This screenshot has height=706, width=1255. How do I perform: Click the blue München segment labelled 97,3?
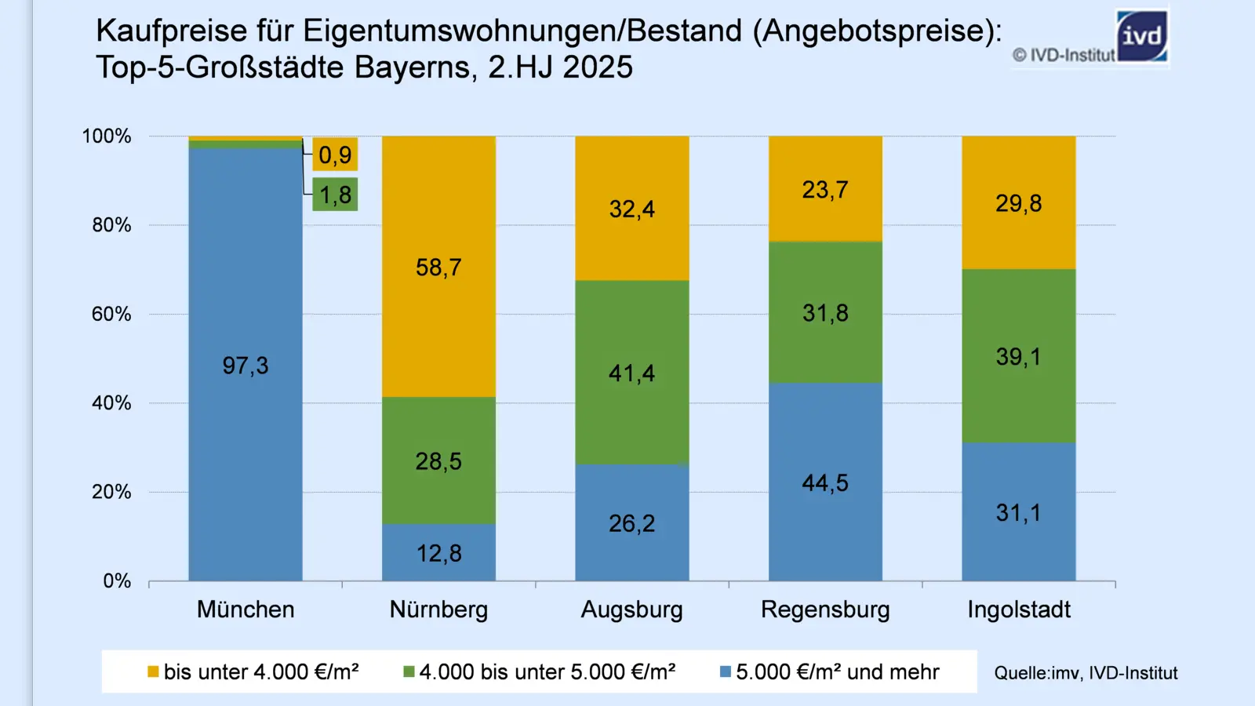tap(246, 366)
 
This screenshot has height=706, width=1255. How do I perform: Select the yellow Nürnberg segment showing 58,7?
tap(438, 267)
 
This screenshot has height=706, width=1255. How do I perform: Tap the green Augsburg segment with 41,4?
tap(631, 373)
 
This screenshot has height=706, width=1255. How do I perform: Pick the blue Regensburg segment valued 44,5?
tap(825, 482)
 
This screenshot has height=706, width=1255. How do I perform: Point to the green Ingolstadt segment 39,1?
tap(1018, 357)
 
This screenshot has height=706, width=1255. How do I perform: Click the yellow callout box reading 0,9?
tap(336, 155)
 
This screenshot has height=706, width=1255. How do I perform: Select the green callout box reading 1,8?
tap(336, 195)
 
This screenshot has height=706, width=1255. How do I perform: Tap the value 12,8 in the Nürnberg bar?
tap(438, 553)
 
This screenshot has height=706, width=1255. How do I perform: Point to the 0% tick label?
tap(117, 581)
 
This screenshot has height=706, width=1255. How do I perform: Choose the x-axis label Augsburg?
tap(631, 610)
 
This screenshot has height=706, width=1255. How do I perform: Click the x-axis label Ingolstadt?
tap(1018, 610)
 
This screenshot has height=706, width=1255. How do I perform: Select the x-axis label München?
tap(246, 610)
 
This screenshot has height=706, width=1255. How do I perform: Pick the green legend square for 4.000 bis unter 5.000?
tap(409, 672)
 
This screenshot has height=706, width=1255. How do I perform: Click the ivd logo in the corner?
tap(1141, 36)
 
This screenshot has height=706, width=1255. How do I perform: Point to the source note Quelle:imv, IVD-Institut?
tap(1086, 673)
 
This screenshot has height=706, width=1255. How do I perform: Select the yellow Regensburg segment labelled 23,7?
tap(825, 190)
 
